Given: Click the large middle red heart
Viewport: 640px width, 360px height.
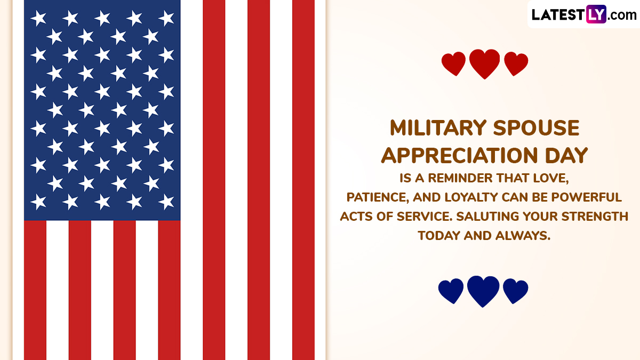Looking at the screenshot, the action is coord(485,63).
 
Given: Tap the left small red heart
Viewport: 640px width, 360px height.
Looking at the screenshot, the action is coord(453,63).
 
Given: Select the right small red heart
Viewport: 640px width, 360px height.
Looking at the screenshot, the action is coord(516,63).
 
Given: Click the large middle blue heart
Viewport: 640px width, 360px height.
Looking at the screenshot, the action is coord(483,291).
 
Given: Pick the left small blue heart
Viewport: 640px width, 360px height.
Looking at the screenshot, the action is coord(451,291).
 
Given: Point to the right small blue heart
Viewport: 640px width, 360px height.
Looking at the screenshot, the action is coord(515,291).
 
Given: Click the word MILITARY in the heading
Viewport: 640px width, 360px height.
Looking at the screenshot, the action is coord(438,127).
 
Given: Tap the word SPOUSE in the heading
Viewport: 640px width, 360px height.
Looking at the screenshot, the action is coord(537,127).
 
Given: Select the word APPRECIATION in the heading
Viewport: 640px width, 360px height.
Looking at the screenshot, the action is coord(459,155).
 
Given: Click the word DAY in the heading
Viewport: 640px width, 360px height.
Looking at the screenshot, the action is coord(566,155).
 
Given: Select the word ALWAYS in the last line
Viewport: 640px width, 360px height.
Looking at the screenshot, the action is coord(523,236).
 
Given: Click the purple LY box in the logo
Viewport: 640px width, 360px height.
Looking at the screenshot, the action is coord(596,14).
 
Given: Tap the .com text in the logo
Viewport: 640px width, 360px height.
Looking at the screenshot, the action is coord(622,15).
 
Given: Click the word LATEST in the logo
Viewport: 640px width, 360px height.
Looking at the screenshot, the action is coord(558,14).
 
